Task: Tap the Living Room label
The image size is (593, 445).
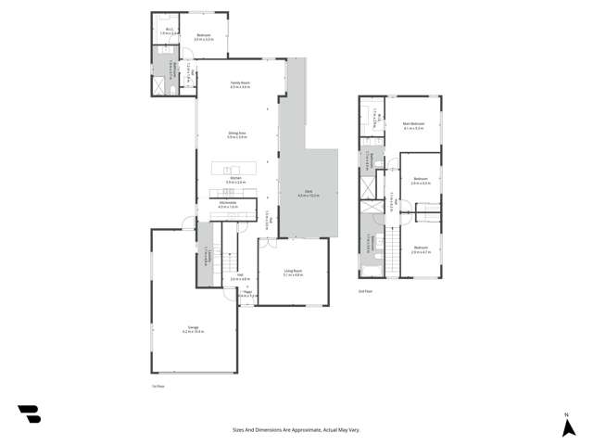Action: tap(293, 272)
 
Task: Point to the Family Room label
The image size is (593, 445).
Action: tap(241, 84)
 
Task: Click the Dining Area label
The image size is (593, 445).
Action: tap(237, 134)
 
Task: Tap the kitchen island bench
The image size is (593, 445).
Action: tap(237, 169)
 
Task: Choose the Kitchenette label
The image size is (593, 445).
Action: tap(228, 204)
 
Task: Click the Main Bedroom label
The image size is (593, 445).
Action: tap(413, 125)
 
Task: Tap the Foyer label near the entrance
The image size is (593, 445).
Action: tap(246, 293)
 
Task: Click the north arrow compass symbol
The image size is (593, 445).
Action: tap(566, 426)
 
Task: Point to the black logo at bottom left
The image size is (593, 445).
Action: tap(29, 414)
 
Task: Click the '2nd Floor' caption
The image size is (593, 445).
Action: tap(365, 290)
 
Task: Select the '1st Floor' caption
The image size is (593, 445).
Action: tap(158, 385)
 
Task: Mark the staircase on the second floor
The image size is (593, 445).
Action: tap(427, 216)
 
